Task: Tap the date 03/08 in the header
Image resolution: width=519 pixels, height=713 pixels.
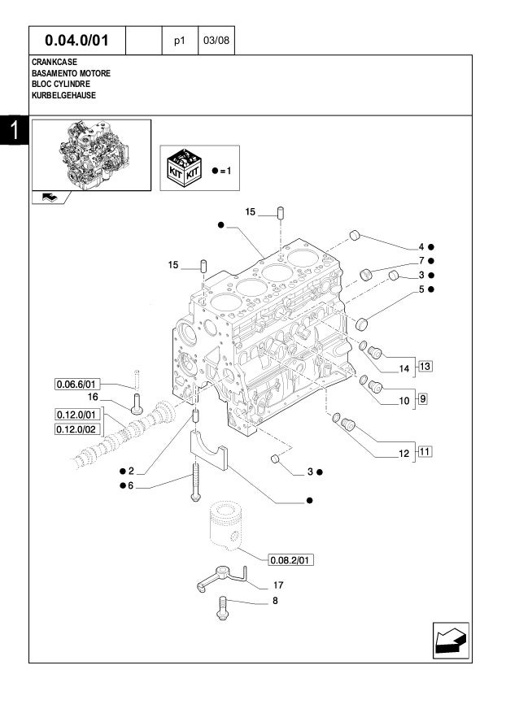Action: (216, 40)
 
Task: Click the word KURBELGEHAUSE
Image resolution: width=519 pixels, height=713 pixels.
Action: (63, 95)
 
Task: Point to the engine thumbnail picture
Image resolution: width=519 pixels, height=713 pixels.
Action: (91, 154)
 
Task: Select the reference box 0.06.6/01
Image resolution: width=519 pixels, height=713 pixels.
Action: (77, 383)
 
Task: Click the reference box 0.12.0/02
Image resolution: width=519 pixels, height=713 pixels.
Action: (77, 429)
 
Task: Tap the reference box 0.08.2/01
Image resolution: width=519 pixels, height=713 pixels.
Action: (291, 559)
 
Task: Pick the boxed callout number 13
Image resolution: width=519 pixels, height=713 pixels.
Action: (425, 366)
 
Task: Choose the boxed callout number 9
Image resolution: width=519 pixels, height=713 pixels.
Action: (422, 398)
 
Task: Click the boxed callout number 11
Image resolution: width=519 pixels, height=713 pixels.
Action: (425, 450)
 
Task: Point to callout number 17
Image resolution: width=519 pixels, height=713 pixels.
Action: (277, 585)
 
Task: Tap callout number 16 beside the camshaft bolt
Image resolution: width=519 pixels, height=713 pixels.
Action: (93, 397)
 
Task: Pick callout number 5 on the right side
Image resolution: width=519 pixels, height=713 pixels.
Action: (421, 289)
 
